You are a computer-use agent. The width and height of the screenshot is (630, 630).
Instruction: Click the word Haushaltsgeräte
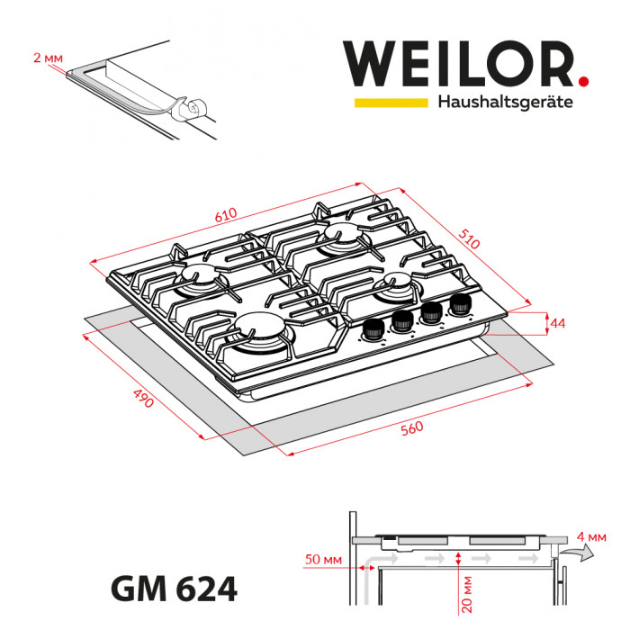pos(505,103)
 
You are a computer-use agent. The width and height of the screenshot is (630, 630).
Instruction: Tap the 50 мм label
pos(327,560)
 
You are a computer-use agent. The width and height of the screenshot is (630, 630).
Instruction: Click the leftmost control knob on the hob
pos(371,330)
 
